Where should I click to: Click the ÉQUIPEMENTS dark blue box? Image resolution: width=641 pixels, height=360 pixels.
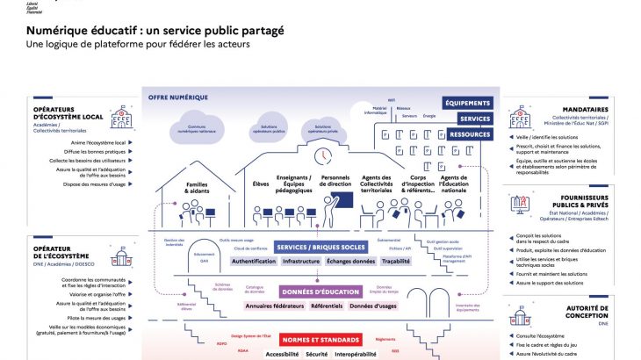coord(467,103)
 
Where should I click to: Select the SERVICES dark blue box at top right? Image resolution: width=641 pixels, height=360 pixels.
coord(474,119)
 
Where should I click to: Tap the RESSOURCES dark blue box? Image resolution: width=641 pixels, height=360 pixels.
coord(470,135)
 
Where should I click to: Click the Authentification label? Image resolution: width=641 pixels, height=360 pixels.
coord(253,261)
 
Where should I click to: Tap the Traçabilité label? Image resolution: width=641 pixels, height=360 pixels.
coord(396,261)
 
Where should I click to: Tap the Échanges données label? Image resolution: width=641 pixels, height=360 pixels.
coord(350,261)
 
